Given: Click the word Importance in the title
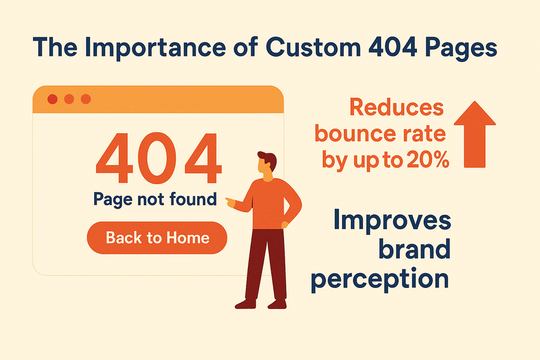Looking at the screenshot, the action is pos(155,47).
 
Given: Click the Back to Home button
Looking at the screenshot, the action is pos(157,238).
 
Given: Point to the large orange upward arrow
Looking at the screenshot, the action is pos(475,134).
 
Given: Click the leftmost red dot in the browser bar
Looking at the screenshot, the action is pos(52,99).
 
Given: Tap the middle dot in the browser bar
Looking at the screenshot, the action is pos(69,99).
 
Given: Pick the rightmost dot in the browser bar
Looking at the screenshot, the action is pos(86,99).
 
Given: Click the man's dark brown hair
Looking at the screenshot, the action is pos(268,160).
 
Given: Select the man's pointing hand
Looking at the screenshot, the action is pos(230,202).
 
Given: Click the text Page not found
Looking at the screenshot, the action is pos(155,199).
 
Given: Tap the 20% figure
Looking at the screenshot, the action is pos(428,160).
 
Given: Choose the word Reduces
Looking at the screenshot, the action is pos(397,107).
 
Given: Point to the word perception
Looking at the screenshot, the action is pos(380,279).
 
